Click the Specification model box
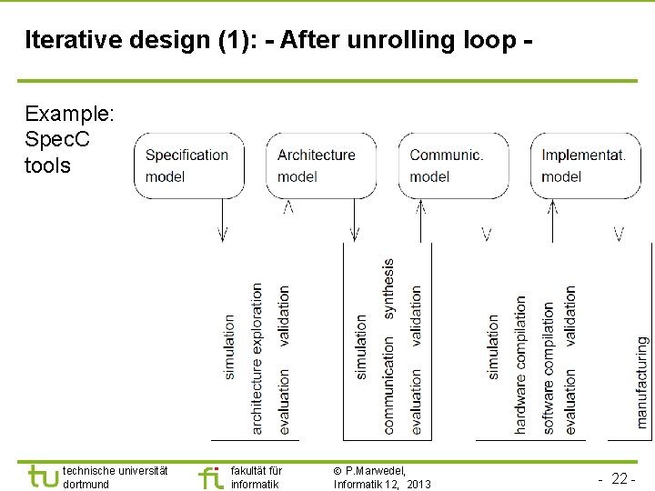coord(188,165)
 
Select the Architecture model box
coord(319,165)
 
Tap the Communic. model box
coord(452,165)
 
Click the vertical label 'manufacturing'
coord(642,382)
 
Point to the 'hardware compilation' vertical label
coord(521,364)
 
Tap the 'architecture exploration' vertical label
coord(257,357)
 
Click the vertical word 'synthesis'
coord(388,288)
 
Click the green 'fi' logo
coord(210,476)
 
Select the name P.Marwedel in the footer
coord(375,470)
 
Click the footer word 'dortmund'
coord(86,484)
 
